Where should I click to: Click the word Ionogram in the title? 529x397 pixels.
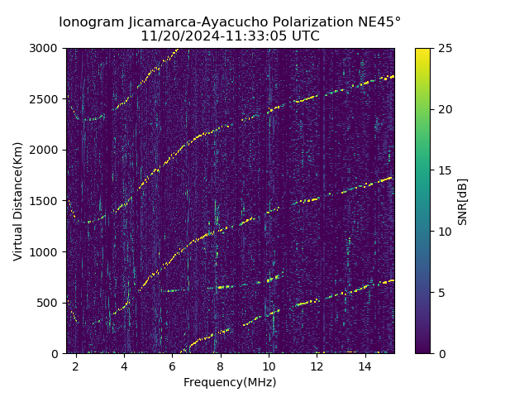pyautogui.click(x=90, y=22)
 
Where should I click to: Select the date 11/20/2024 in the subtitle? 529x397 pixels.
pyautogui.click(x=178, y=36)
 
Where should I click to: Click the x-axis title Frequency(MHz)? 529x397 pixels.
pyautogui.click(x=230, y=382)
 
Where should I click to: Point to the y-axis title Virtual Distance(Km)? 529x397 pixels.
pyautogui.click(x=18, y=201)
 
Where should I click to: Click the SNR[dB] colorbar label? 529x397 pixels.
pyautogui.click(x=463, y=201)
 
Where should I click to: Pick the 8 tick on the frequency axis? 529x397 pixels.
pyautogui.click(x=221, y=366)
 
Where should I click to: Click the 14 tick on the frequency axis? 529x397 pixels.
pyautogui.click(x=365, y=366)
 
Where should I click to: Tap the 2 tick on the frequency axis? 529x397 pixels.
pyautogui.click(x=76, y=366)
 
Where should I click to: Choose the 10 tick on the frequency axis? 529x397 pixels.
pyautogui.click(x=269, y=366)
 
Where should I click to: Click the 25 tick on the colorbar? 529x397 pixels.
pyautogui.click(x=443, y=48)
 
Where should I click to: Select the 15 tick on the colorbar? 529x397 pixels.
pyautogui.click(x=443, y=170)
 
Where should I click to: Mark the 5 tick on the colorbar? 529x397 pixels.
pyautogui.click(x=441, y=293)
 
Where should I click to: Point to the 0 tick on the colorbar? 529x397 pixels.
pyautogui.click(x=441, y=354)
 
